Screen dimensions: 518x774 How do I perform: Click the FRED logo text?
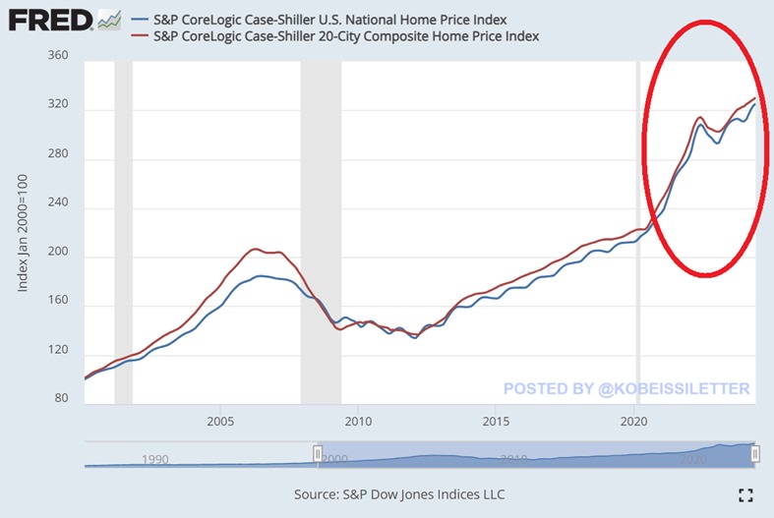coord(48,19)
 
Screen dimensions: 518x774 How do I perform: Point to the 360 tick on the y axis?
coord(58,56)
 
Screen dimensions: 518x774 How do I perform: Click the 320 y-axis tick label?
coord(58,105)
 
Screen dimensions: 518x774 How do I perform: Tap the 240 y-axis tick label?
coord(58,207)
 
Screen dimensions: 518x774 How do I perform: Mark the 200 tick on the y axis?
coord(58,258)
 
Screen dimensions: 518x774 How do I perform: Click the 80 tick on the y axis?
coord(61,398)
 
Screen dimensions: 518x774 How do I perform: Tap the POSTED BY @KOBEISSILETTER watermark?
coord(626,388)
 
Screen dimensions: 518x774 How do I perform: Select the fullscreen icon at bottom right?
coord(744,493)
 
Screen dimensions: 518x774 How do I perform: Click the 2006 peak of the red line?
coord(255,249)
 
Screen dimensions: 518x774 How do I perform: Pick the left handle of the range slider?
coord(318,453)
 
